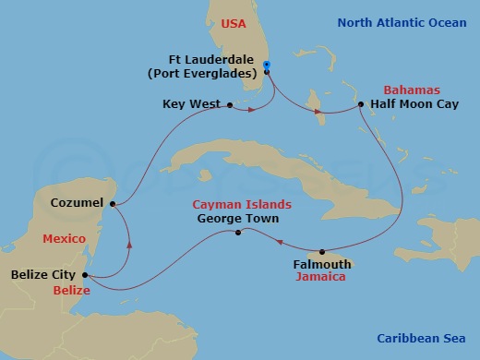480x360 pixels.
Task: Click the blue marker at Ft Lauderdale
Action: pos(266,66)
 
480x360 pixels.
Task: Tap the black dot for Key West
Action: pos(229,105)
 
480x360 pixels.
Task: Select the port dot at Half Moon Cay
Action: pos(360,105)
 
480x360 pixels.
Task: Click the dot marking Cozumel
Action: pos(113,204)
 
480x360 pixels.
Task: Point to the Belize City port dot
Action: pos(84,274)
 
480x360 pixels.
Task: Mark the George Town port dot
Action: pos(238,233)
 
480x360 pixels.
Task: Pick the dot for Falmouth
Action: pos(322,252)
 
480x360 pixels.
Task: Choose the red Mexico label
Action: pos(64,238)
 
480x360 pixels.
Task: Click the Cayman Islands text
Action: pos(241,204)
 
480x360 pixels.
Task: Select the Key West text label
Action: pos(191,105)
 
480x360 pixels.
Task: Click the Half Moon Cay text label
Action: pos(414,105)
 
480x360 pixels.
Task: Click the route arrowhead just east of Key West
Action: pos(250,111)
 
